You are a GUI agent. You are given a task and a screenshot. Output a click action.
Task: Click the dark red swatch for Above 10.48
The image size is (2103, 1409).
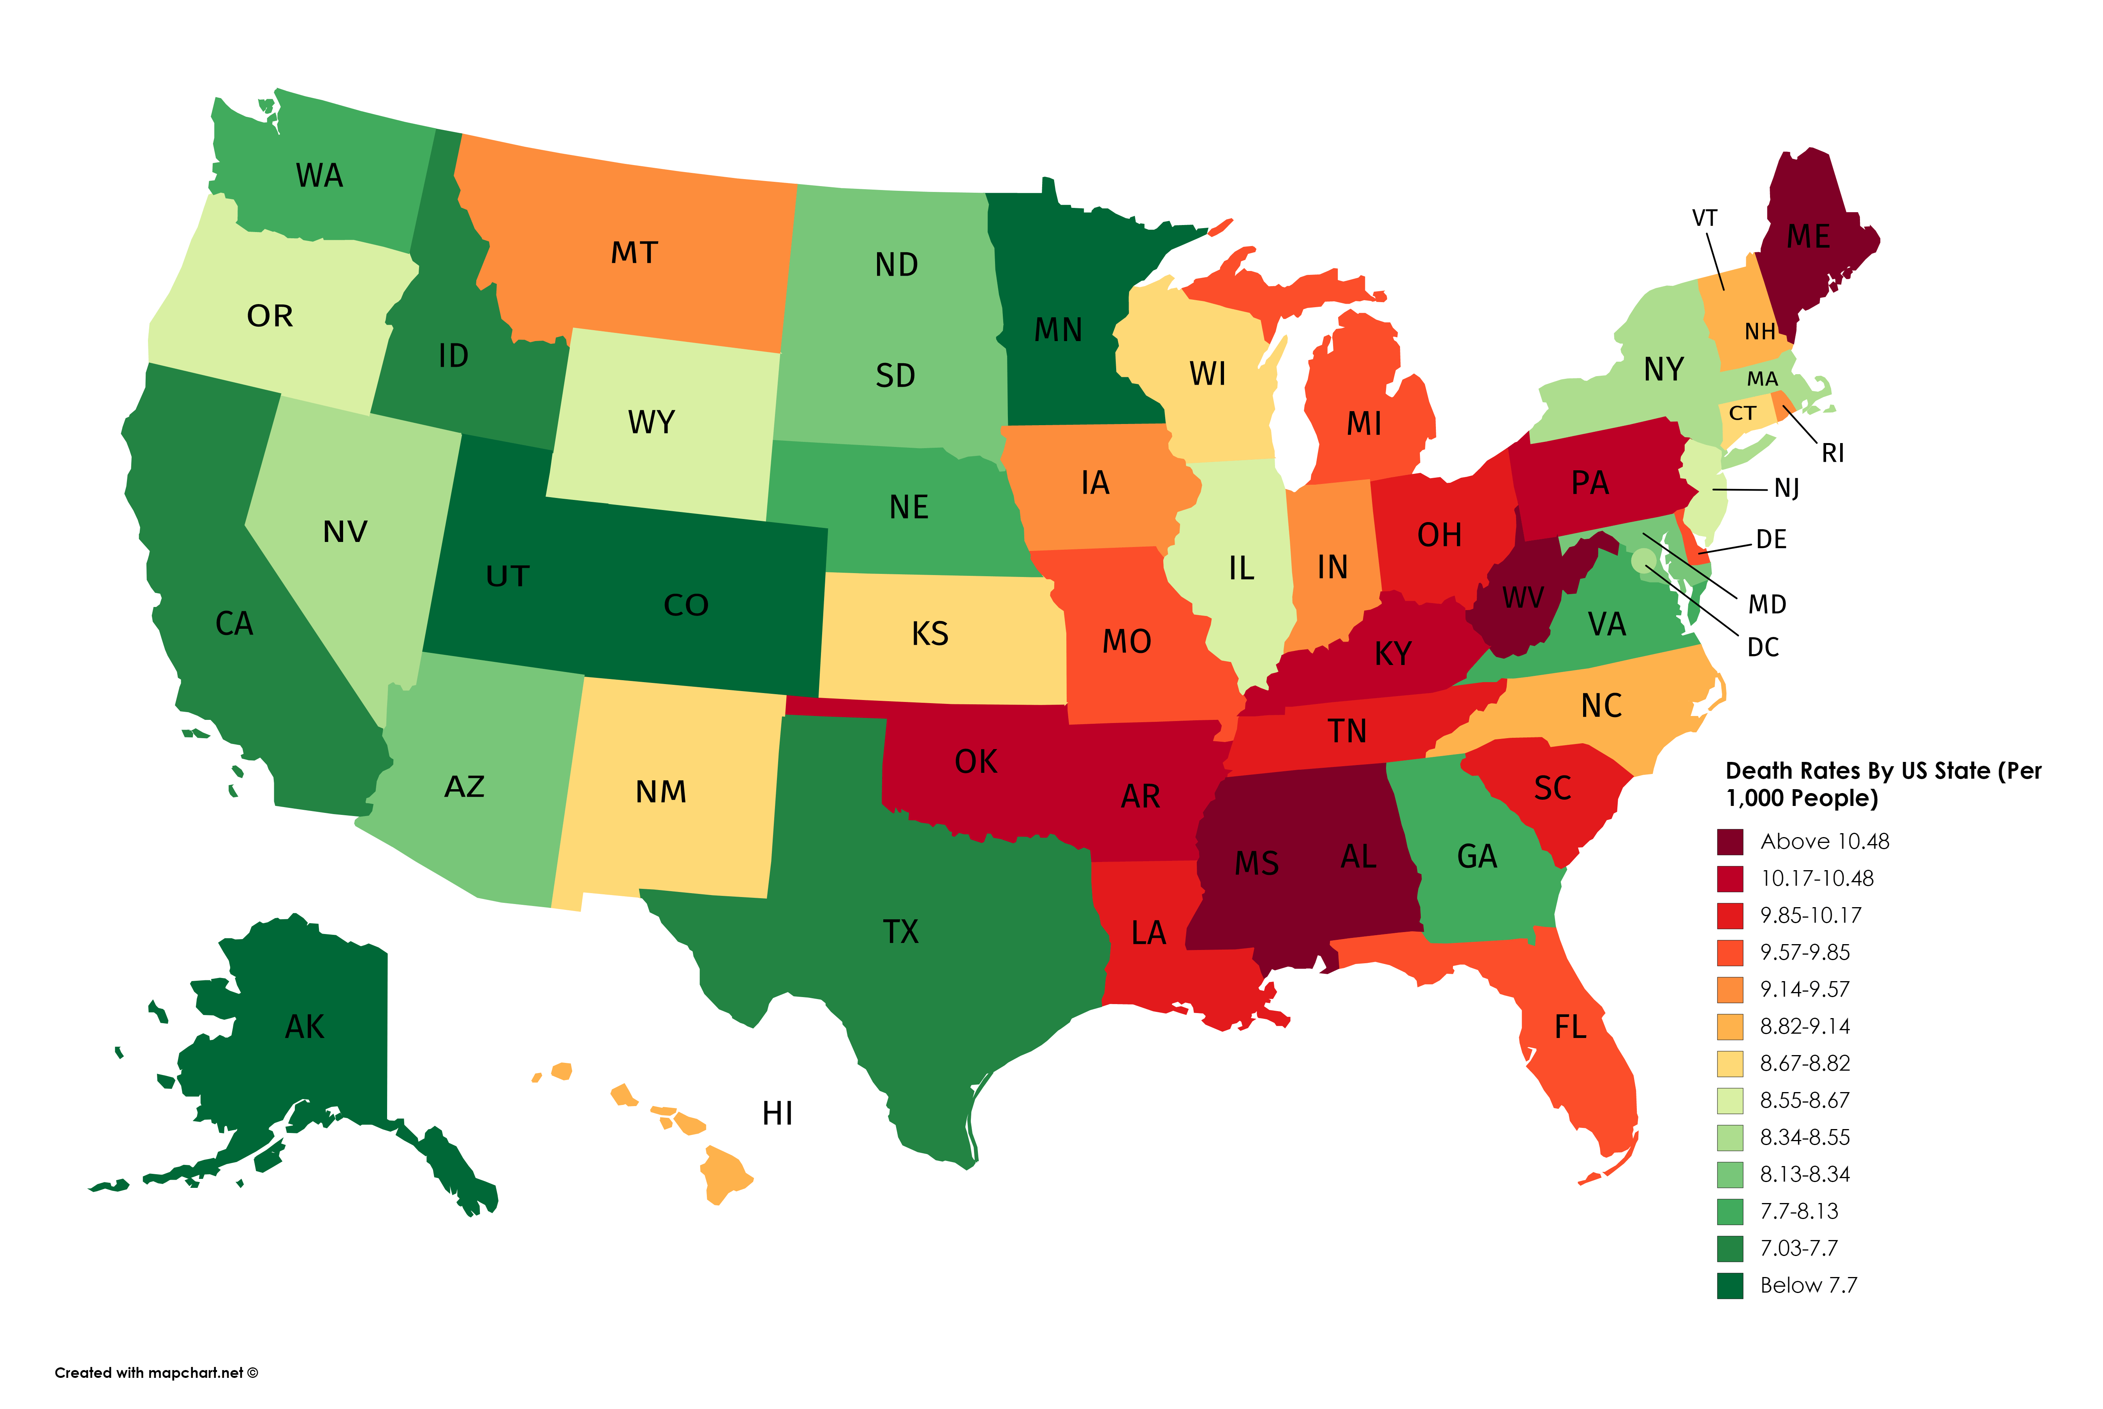click(1730, 842)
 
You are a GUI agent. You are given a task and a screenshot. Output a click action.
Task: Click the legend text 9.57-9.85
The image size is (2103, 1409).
click(1805, 953)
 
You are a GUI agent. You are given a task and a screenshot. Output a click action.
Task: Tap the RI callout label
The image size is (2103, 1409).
click(1832, 454)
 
